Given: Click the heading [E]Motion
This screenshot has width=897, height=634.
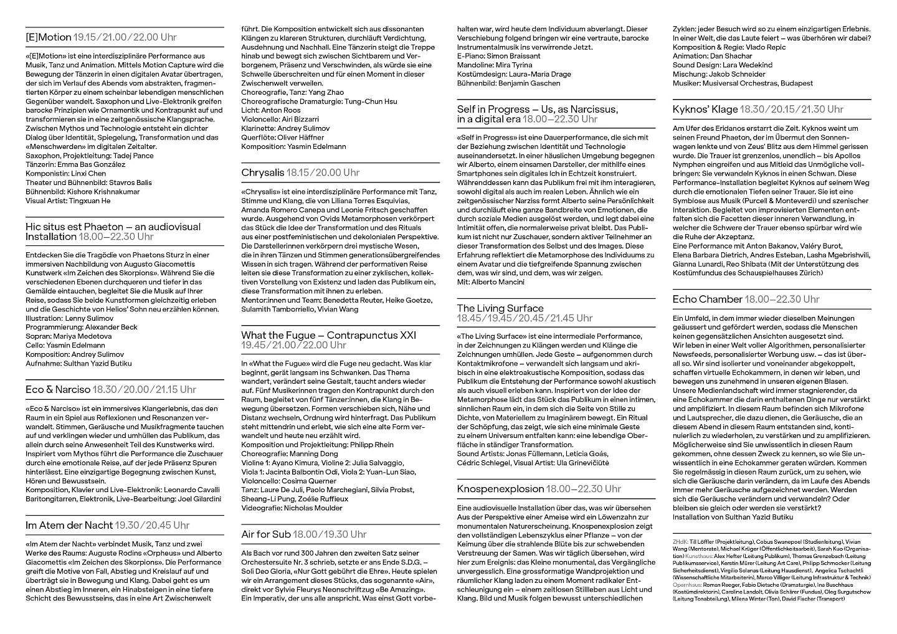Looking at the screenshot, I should tap(49, 37).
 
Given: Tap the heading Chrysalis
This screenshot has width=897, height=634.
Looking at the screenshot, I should tap(262, 173).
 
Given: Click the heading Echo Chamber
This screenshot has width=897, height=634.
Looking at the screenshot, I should tap(707, 300).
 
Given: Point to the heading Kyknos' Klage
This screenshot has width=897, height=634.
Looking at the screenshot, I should tap(705, 110).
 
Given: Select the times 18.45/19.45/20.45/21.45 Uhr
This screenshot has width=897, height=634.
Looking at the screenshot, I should tap(525, 318).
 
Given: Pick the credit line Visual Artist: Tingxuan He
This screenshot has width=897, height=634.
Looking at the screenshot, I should tap(68, 201).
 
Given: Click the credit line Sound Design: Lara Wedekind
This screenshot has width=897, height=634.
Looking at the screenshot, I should tap(722, 65).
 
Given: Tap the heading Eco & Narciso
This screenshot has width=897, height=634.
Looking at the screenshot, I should tap(58, 390).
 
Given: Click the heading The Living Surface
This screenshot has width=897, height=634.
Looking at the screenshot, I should tap(500, 308).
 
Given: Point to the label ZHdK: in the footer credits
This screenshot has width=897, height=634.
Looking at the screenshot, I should tap(680, 542).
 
